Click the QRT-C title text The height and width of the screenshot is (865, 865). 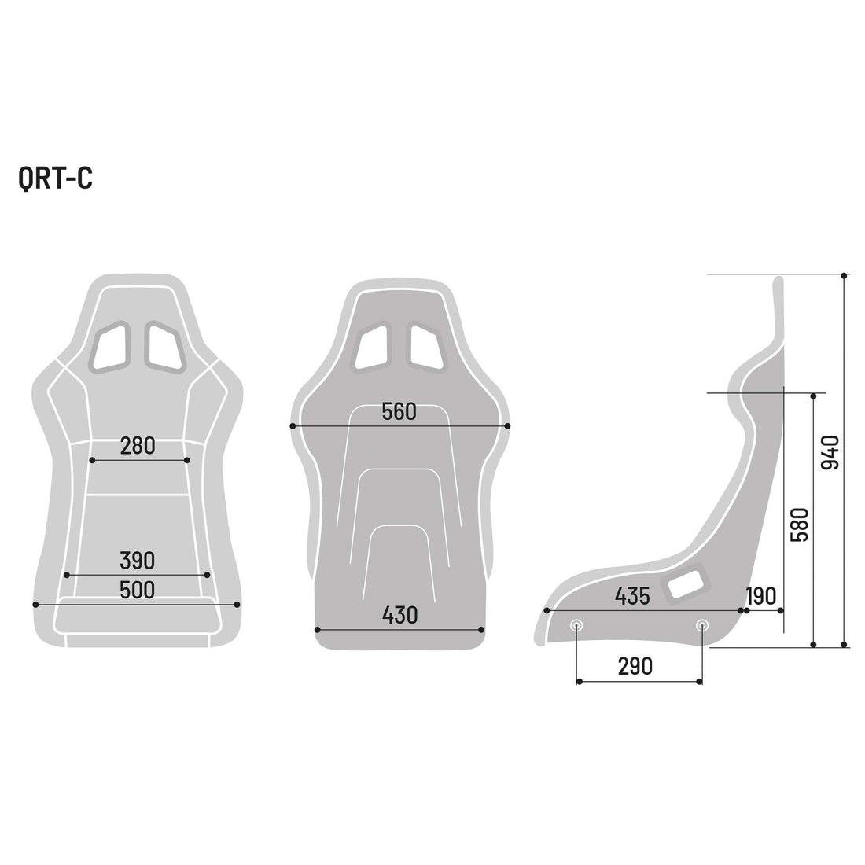pyautogui.click(x=55, y=179)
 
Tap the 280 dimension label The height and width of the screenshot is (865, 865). pyautogui.click(x=138, y=446)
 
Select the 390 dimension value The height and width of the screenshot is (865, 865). pyautogui.click(x=138, y=561)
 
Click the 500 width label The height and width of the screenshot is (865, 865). pyautogui.click(x=138, y=590)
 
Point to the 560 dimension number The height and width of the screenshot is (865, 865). pyautogui.click(x=399, y=411)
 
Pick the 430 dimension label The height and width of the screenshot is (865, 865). pyautogui.click(x=399, y=615)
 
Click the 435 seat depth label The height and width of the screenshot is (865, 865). pyautogui.click(x=632, y=596)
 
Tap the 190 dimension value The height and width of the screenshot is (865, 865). pyautogui.click(x=760, y=596)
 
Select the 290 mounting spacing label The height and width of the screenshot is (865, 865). pyautogui.click(x=635, y=667)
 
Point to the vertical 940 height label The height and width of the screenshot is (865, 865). pyautogui.click(x=830, y=452)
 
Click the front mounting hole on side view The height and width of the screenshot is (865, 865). pyautogui.click(x=577, y=625)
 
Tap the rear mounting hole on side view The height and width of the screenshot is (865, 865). pyautogui.click(x=701, y=625)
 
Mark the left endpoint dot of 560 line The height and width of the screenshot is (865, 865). pyautogui.click(x=293, y=426)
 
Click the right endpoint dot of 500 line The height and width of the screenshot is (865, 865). pyautogui.click(x=237, y=604)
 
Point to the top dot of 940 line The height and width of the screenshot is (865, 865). pyautogui.click(x=844, y=275)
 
